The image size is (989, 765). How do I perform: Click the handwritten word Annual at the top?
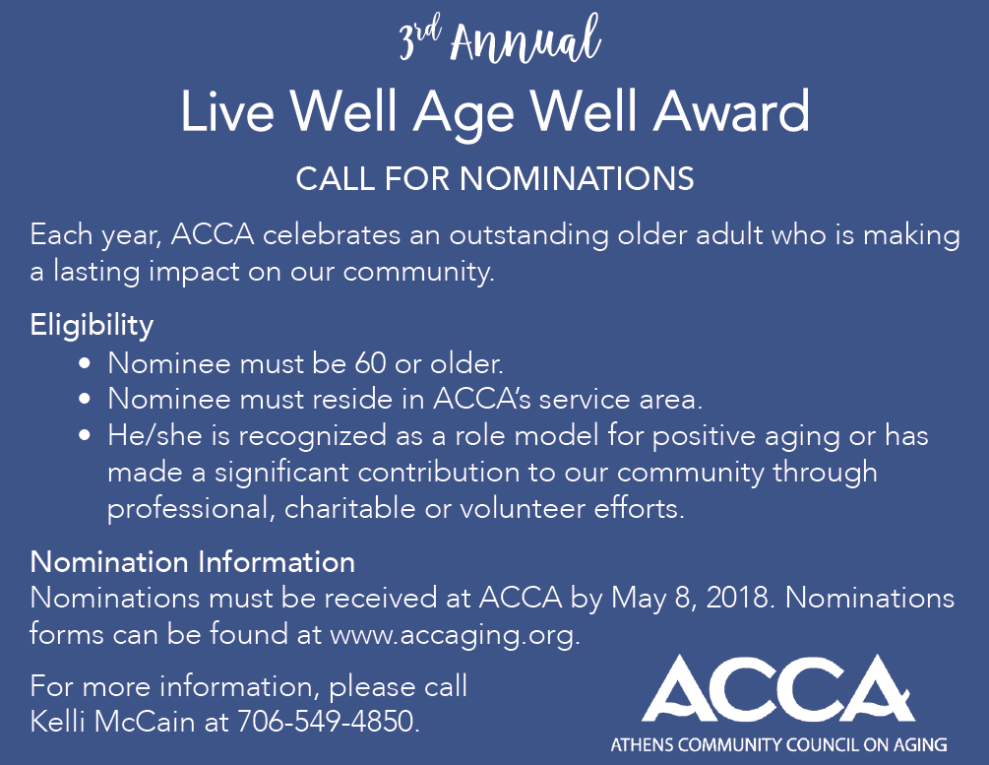click(525, 40)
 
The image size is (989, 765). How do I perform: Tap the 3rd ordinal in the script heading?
click(419, 40)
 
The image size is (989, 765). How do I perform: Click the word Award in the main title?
click(731, 111)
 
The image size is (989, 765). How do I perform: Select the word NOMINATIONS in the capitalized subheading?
click(577, 178)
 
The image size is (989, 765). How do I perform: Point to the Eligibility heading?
click(92, 326)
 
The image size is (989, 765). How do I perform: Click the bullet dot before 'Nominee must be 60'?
click(85, 363)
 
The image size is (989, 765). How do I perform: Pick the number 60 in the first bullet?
click(370, 363)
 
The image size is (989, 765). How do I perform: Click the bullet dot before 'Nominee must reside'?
click(85, 400)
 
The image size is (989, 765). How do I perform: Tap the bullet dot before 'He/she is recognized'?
click(85, 435)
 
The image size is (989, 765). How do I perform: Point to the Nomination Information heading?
click(192, 562)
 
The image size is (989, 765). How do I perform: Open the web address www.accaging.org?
click(455, 635)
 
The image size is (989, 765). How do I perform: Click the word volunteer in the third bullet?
click(523, 509)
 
